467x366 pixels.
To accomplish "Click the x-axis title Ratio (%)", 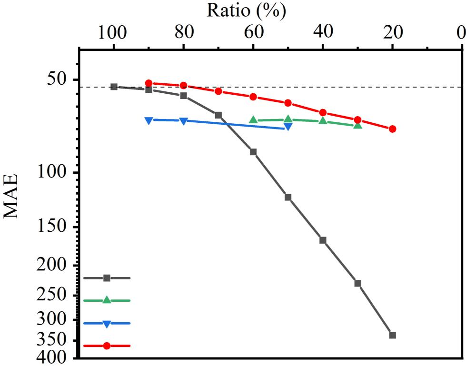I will coord(246,10).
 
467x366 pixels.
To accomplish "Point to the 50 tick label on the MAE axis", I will coord(58,79).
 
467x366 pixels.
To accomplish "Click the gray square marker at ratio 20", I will coord(392,335).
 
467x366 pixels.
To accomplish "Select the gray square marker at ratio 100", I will coord(114,87).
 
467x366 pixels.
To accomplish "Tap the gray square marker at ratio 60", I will coord(253,152).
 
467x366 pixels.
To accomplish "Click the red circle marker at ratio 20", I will coord(392,129).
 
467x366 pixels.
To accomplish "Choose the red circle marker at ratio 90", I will coord(149,83).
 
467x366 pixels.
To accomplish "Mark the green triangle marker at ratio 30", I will coord(358,125).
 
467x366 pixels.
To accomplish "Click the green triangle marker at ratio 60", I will coord(253,120).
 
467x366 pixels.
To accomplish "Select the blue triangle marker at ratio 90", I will coord(149,120).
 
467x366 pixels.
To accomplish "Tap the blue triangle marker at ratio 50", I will coord(288,127).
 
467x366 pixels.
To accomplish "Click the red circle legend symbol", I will coord(107,346).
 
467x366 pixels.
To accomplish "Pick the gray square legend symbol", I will coord(107,278).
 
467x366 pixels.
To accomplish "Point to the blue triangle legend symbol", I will coord(107,324).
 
